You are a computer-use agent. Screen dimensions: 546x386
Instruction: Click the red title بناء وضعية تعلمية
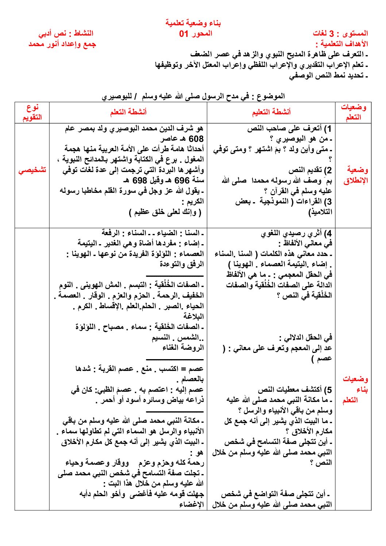click(x=193, y=23)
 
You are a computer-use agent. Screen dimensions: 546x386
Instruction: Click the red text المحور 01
click(x=196, y=34)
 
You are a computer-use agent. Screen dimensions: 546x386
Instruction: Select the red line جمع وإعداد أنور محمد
click(x=62, y=44)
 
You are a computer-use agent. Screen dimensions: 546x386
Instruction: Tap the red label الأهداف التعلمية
click(x=342, y=44)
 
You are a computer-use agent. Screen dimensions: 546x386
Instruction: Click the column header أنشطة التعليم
click(x=271, y=112)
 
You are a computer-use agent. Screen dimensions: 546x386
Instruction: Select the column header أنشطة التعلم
click(x=128, y=112)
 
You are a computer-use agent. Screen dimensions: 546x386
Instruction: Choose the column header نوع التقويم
click(x=32, y=112)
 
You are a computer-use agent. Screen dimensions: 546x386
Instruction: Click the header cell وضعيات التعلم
click(x=353, y=112)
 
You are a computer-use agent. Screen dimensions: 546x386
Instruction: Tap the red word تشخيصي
click(x=32, y=170)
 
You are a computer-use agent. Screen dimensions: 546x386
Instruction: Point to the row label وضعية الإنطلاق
click(x=355, y=175)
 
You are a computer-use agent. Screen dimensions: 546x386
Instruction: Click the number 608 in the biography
click(x=196, y=139)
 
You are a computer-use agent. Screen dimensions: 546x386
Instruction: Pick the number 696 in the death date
click(x=182, y=181)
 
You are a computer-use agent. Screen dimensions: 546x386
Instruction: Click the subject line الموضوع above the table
click(x=193, y=96)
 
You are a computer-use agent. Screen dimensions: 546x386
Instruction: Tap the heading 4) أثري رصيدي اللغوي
click(x=296, y=233)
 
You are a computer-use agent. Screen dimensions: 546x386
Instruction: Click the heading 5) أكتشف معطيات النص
click(x=295, y=390)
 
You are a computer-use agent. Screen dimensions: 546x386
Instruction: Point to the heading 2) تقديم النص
click(x=310, y=170)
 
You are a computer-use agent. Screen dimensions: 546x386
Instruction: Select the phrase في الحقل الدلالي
click(x=306, y=338)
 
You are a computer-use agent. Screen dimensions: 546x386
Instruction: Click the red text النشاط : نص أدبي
click(x=66, y=34)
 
